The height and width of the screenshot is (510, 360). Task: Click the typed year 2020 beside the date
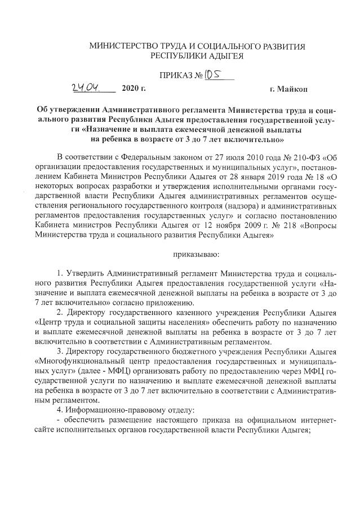click(x=128, y=89)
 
